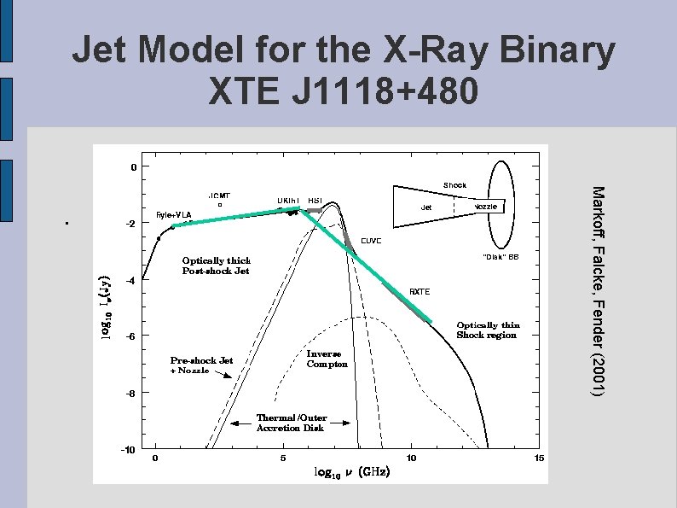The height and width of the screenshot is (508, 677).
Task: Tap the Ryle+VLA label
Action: [174, 214]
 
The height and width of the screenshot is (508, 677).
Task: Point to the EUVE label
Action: [371, 241]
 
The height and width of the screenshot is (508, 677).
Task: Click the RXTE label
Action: [420, 292]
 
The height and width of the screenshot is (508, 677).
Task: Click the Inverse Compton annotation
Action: [327, 359]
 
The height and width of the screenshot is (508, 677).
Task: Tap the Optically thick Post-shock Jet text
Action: [217, 266]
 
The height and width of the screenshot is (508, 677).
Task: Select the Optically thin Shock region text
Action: [487, 330]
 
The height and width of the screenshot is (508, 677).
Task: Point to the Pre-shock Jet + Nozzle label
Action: [201, 365]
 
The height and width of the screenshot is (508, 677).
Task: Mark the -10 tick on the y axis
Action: [126, 449]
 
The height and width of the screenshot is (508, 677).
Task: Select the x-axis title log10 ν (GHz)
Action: [352, 472]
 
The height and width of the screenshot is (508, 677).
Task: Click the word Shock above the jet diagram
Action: [454, 185]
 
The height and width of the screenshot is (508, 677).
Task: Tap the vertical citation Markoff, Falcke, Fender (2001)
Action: [599, 290]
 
